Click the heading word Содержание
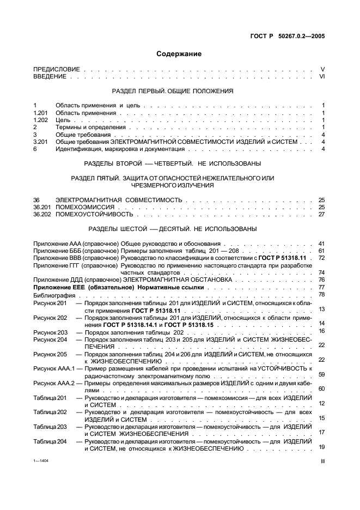tap(179, 54)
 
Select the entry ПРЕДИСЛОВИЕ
tap(57, 69)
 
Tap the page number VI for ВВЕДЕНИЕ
tap(321, 77)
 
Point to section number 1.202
tap(41, 120)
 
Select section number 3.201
tap(41, 142)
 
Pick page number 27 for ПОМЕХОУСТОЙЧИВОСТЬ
tap(321, 214)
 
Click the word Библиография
tap(52, 294)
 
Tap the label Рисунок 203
tap(50, 331)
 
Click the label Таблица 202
tap(50, 412)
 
